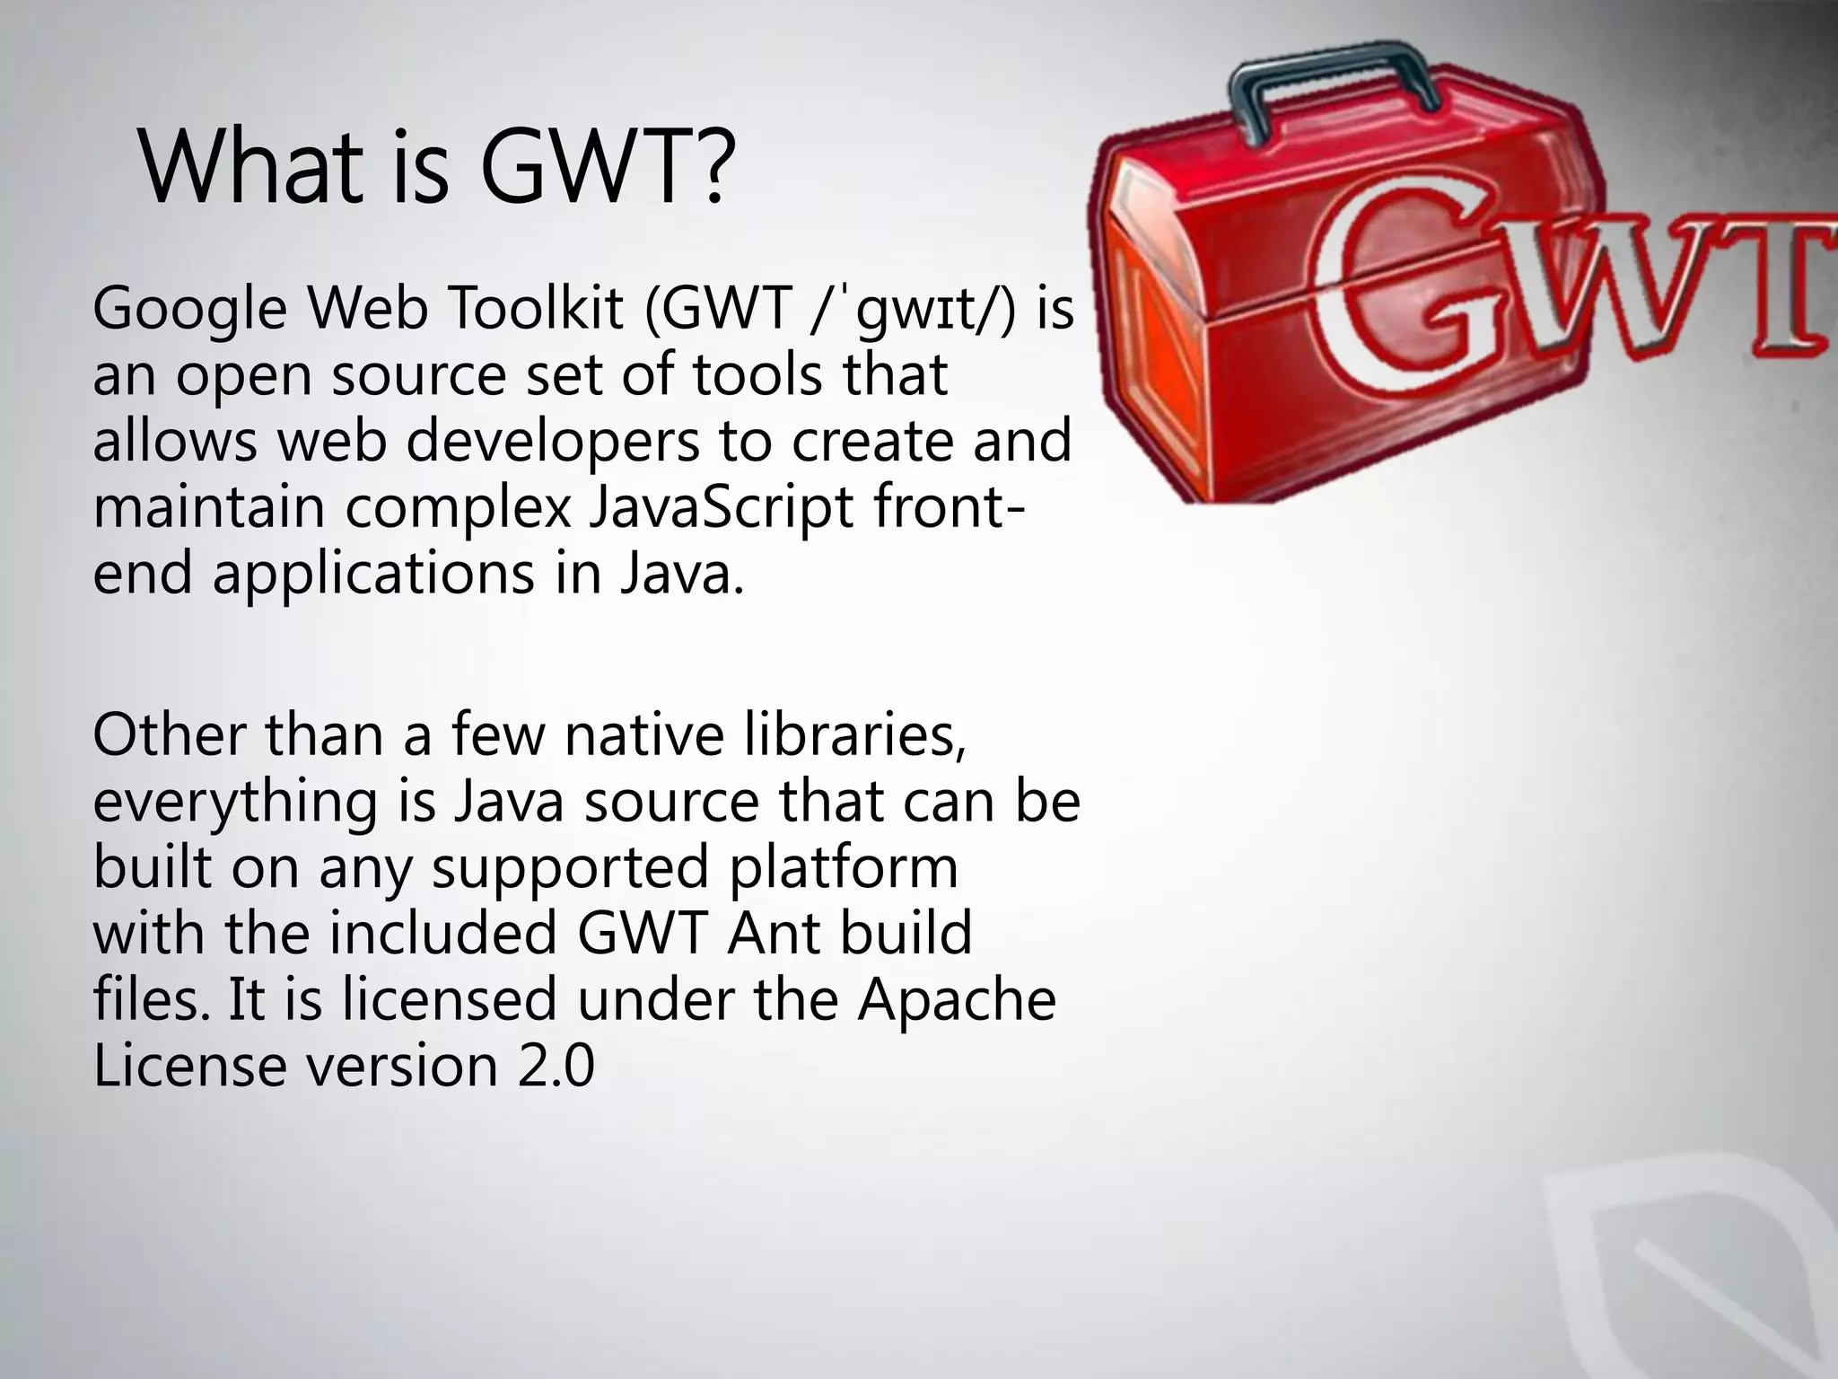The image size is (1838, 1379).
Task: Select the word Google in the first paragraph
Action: [189, 310]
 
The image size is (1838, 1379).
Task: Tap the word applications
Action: [373, 575]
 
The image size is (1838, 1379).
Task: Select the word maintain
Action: [207, 507]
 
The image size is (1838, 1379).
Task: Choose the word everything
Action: [235, 802]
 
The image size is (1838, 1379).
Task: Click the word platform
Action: [844, 868]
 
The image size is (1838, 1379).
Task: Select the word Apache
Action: [957, 1000]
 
